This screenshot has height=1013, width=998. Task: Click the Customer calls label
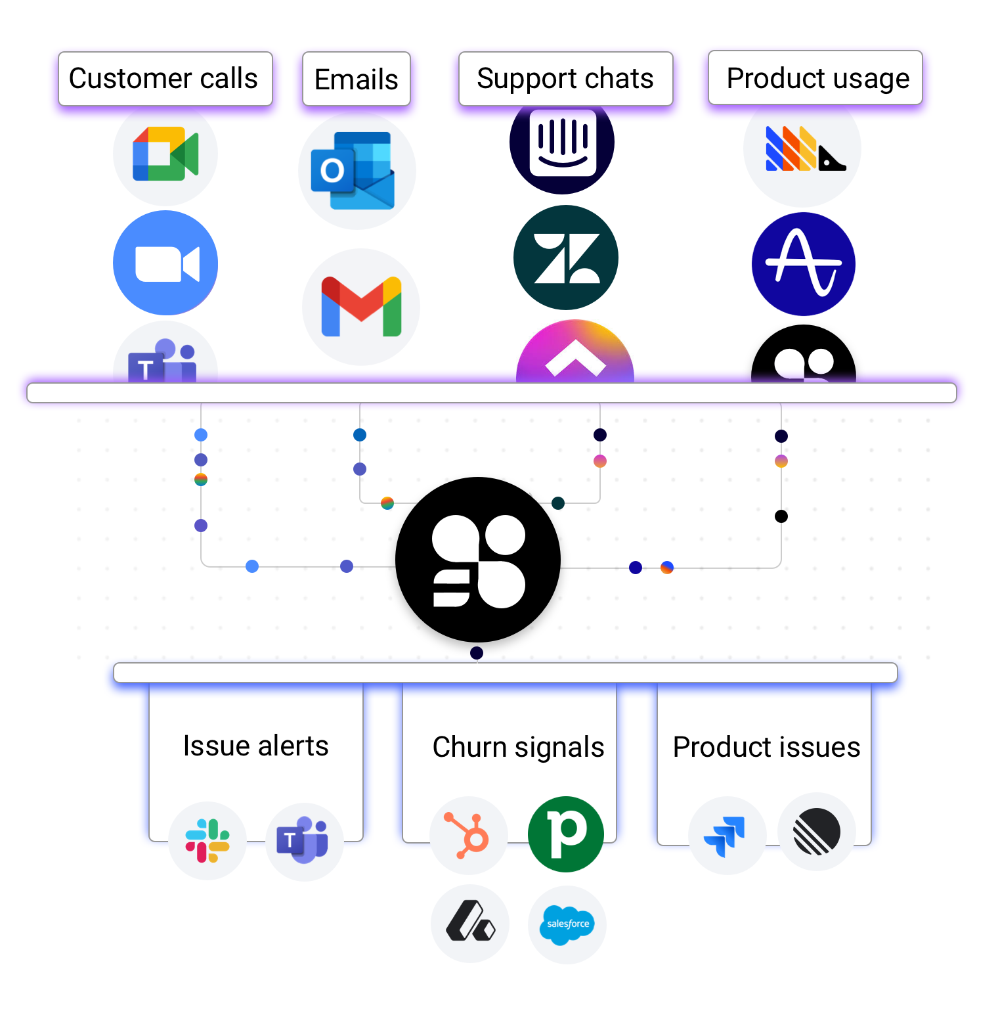click(x=165, y=79)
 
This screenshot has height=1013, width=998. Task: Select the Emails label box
click(x=356, y=79)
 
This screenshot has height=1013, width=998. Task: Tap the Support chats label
click(x=565, y=79)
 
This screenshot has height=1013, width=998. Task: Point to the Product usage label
click(x=815, y=78)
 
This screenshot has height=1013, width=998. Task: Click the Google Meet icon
click(x=165, y=154)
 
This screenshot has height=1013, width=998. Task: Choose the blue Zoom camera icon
click(x=165, y=263)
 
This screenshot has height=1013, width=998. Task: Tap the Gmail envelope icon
click(x=361, y=307)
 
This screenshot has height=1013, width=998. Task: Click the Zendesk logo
click(x=566, y=258)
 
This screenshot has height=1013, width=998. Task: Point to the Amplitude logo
click(x=804, y=264)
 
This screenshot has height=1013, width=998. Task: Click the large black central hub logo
click(x=478, y=560)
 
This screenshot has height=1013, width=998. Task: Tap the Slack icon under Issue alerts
click(x=207, y=841)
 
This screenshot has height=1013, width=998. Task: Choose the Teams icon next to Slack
click(x=304, y=841)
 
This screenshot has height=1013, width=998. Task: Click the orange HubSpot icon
click(x=468, y=836)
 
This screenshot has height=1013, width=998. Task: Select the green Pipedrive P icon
click(x=566, y=834)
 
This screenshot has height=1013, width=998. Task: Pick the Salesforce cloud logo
click(x=567, y=924)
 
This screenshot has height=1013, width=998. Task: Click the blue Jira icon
click(x=726, y=836)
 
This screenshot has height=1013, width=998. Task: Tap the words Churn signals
click(x=518, y=747)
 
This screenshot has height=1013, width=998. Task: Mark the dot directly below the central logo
click(x=477, y=653)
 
